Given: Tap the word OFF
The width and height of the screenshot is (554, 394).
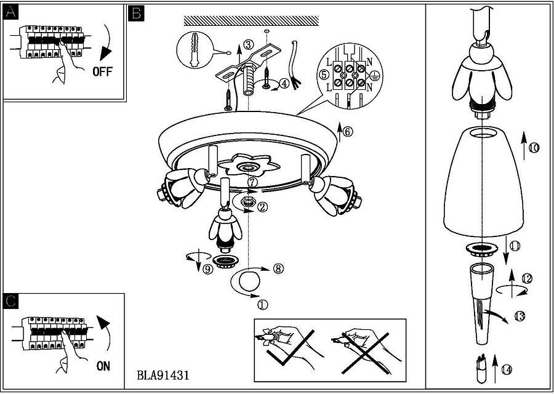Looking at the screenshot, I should (x=103, y=71).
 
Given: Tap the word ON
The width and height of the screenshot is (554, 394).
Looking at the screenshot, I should (x=103, y=366).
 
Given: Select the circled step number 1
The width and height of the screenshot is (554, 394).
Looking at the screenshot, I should (x=262, y=304).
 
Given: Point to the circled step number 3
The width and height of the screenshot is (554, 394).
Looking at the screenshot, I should (x=247, y=44).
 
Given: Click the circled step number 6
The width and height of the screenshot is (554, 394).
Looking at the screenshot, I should (x=348, y=131).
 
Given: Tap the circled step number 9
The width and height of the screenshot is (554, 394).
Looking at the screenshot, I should (x=207, y=269).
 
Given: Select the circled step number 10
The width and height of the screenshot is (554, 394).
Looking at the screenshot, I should (x=533, y=148).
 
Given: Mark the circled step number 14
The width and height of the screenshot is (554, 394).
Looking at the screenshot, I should (x=506, y=369).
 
